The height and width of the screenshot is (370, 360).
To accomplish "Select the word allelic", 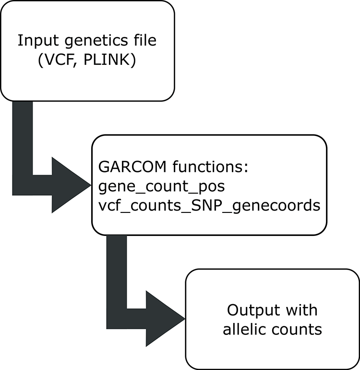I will [x=250, y=330].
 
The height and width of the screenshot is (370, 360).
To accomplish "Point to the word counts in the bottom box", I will [x=300, y=330].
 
